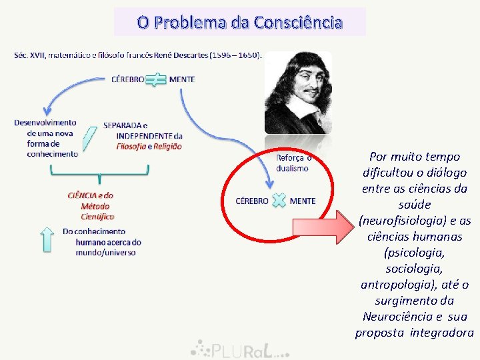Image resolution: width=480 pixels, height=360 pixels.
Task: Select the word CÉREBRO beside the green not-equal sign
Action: (x=127, y=79)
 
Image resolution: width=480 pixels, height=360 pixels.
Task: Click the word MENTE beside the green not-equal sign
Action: (x=182, y=79)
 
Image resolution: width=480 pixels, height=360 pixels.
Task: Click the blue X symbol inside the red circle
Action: (x=279, y=200)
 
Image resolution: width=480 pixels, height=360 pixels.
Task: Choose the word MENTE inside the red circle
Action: (x=303, y=201)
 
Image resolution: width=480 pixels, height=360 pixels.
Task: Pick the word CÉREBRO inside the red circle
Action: (x=253, y=201)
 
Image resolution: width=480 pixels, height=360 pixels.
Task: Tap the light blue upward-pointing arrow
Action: (x=47, y=239)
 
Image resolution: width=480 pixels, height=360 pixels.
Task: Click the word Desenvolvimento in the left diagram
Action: (x=45, y=123)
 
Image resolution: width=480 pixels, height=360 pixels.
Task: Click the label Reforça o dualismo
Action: (x=293, y=163)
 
